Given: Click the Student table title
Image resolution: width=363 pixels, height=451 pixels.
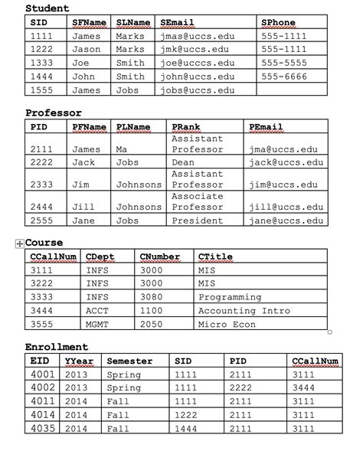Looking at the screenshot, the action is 47,8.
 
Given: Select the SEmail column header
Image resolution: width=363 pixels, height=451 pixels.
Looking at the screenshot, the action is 178,23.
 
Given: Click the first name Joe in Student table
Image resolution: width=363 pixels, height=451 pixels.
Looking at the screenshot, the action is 81,63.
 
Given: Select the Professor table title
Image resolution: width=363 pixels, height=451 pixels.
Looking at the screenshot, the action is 53,113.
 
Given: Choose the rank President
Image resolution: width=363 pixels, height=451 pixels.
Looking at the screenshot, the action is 198,220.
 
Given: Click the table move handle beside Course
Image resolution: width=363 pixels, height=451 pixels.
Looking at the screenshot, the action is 18,243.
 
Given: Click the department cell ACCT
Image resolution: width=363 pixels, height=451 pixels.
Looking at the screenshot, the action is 98,311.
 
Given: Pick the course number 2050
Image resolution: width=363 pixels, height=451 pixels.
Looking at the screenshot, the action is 152,325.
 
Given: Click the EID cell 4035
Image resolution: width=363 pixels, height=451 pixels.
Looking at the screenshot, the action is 43,430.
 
